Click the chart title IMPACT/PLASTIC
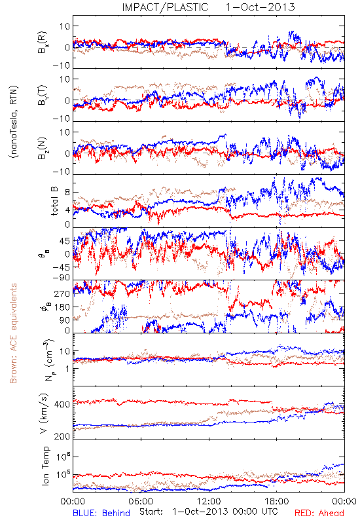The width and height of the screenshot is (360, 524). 165,7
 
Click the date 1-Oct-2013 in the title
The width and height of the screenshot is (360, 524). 260,7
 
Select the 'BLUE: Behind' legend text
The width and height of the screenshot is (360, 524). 101,513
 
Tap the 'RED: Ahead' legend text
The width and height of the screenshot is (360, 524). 319,513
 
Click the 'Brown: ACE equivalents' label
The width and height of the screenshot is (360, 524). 13,333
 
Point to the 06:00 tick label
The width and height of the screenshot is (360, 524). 141,501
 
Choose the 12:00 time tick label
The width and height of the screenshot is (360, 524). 209,501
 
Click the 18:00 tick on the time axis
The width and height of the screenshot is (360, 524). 277,501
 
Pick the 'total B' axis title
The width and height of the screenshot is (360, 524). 54,201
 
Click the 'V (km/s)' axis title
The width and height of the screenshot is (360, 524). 44,413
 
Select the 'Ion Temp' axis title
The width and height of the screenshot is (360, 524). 45,465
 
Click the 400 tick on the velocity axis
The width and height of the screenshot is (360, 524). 62,404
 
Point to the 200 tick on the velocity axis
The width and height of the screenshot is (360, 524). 62,436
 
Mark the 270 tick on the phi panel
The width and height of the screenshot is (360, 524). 62,293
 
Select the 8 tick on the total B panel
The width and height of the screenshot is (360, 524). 67,193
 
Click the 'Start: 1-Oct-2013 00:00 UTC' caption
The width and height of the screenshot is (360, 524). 209,512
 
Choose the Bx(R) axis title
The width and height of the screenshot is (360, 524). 43,43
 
